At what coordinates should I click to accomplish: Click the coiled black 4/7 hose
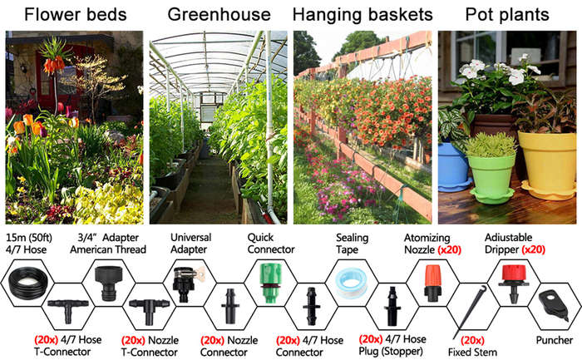(27, 284)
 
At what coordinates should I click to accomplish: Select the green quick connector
(270, 283)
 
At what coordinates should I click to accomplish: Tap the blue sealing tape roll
(351, 284)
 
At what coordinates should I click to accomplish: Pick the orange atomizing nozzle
(432, 283)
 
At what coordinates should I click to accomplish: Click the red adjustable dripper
(513, 284)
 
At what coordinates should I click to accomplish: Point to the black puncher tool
(554, 304)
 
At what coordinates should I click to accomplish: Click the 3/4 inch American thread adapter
(108, 283)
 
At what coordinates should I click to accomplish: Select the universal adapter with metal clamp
(187, 284)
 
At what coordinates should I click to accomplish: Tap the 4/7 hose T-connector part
(68, 310)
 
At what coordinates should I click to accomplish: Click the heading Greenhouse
(219, 15)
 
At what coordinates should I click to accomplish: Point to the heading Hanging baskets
(363, 15)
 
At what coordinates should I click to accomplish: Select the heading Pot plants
(507, 15)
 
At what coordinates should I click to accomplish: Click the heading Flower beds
(76, 15)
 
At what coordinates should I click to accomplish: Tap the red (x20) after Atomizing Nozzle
(449, 249)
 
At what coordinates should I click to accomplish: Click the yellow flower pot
(547, 164)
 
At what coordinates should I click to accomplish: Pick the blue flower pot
(453, 167)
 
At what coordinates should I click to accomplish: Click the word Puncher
(555, 340)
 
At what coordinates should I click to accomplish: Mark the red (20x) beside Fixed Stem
(472, 340)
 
